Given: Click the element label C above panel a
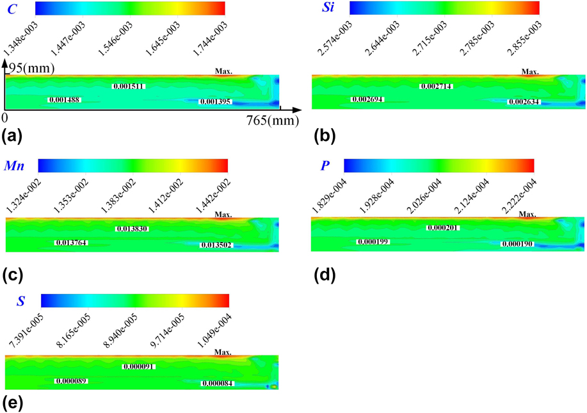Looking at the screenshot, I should pyautogui.click(x=12, y=9).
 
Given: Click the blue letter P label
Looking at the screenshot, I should pyautogui.click(x=325, y=166).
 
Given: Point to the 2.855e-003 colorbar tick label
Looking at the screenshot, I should pyautogui.click(x=531, y=38).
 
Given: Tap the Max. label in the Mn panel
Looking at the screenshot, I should pyautogui.click(x=223, y=214).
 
